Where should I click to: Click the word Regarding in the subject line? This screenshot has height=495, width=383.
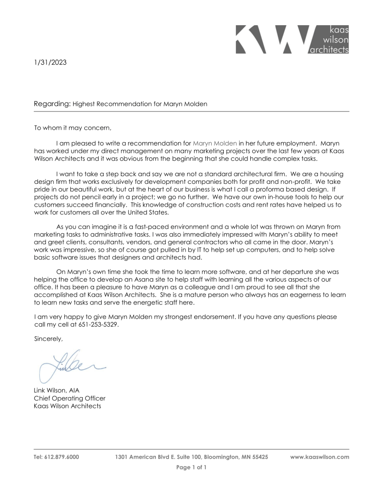(52, 104)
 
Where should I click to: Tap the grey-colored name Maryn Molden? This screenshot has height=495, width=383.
(215, 143)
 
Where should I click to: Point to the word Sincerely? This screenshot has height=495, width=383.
(49, 339)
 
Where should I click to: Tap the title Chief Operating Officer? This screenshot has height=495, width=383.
(70, 398)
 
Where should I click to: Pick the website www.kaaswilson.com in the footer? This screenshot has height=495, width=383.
(320, 457)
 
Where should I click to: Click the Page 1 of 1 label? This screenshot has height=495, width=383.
(191, 467)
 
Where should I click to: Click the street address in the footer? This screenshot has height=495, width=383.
(191, 457)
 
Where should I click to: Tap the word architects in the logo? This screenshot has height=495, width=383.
(329, 50)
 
